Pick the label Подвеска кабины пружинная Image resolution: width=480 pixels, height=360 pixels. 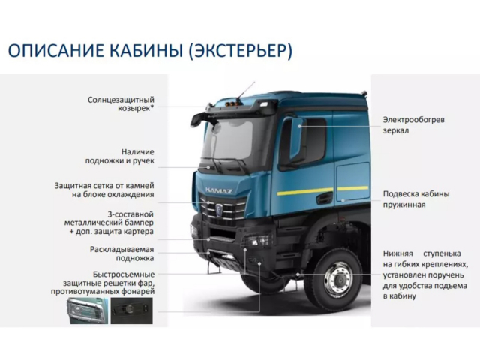point(415,199)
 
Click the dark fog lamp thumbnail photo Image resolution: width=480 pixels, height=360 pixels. point(132,310)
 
